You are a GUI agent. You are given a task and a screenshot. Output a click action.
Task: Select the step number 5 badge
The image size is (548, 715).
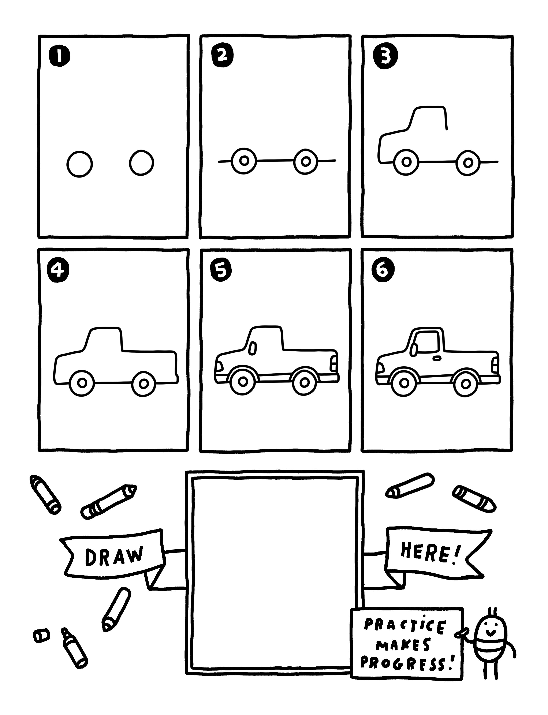[x=221, y=271]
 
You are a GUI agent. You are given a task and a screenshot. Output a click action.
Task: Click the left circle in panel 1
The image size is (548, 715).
[x=80, y=164]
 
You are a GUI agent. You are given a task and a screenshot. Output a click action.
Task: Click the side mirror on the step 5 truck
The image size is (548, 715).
[x=252, y=348]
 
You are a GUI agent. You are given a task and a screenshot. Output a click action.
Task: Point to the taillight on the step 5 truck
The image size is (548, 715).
[x=333, y=363]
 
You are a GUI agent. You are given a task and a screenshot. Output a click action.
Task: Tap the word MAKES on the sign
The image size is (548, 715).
[x=403, y=645]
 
